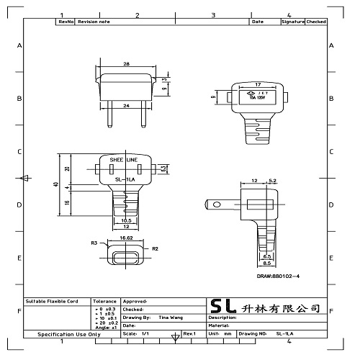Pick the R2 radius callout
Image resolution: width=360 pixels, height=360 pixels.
click(155, 248)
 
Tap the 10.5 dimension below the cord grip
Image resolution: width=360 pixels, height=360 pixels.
click(125, 220)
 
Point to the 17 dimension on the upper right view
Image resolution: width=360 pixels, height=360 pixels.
click(258, 84)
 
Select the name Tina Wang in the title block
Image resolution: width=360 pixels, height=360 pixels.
click(170, 317)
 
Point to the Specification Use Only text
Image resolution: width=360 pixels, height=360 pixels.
click(69, 335)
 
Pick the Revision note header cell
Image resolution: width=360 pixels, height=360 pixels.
click(93, 22)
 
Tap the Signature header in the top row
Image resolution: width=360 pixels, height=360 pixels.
click(292, 22)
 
